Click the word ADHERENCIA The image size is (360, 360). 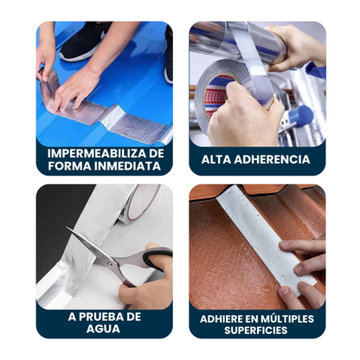[272, 159]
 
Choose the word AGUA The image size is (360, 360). [103, 329]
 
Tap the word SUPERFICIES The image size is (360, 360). [256, 331]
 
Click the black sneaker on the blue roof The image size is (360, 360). [84, 42]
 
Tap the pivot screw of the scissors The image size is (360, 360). [109, 263]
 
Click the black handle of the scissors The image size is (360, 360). [156, 257]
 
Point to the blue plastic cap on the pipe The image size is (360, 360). [301, 115]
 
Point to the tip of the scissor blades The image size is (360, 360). [67, 228]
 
